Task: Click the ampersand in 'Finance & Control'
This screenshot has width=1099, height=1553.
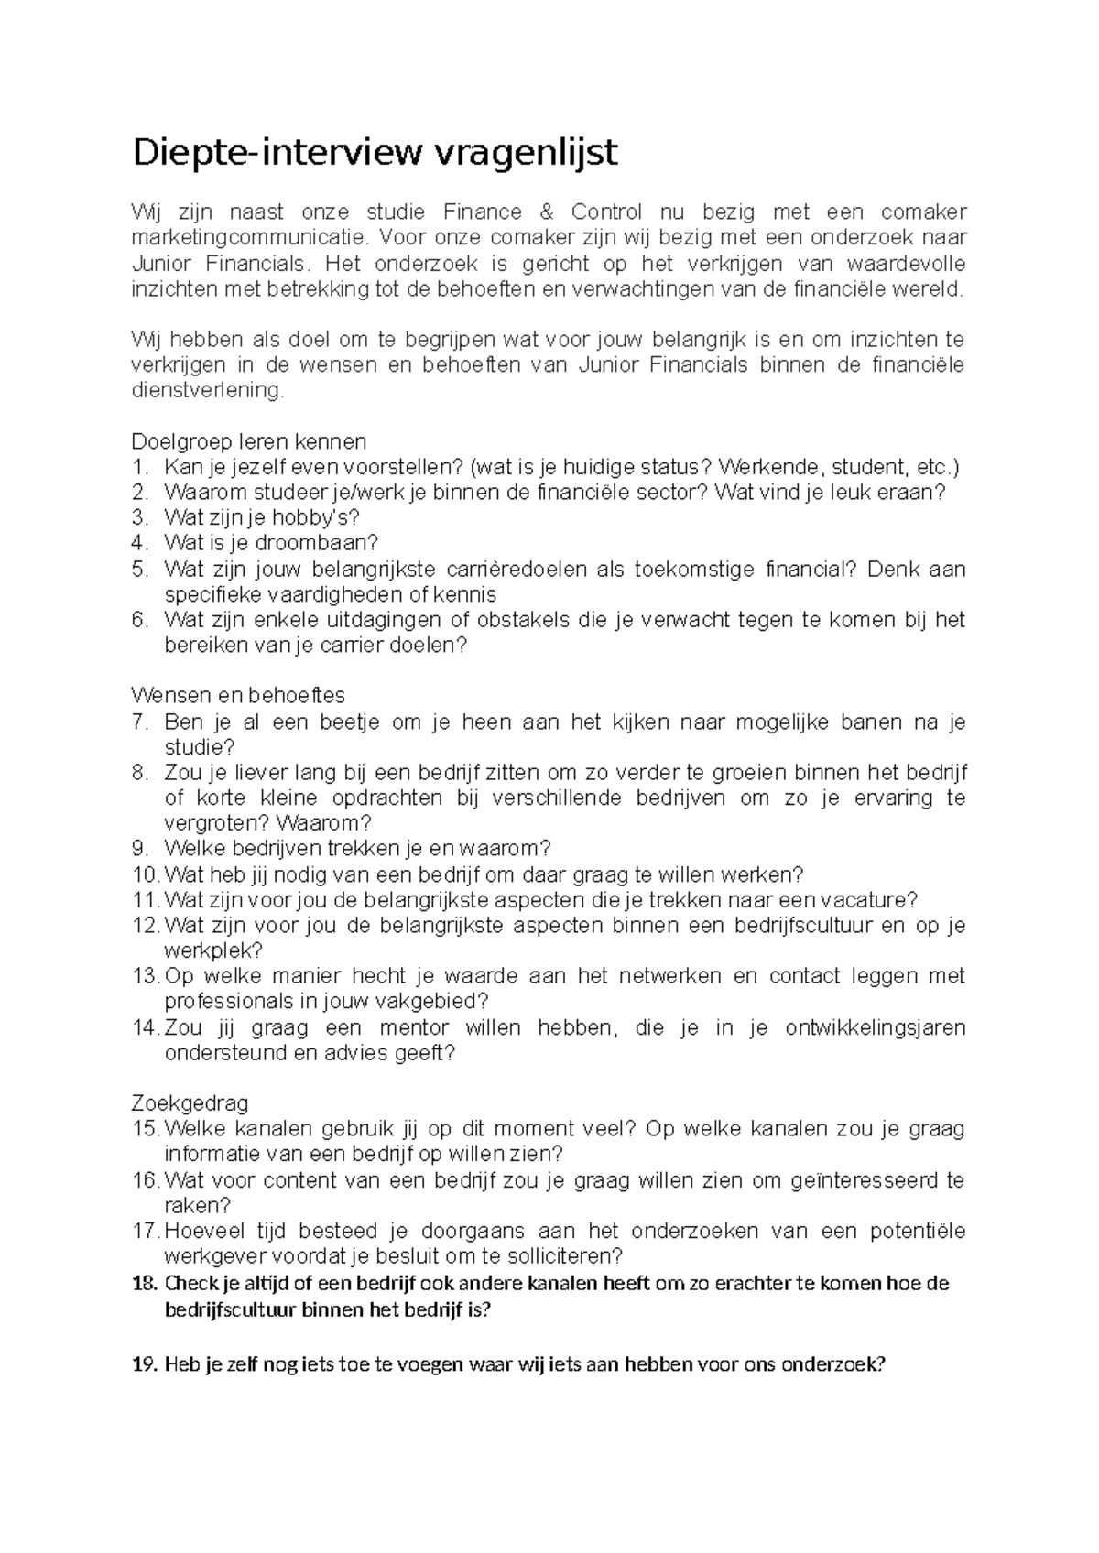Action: click(x=548, y=213)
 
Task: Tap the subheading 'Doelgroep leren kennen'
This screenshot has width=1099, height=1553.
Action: click(x=249, y=441)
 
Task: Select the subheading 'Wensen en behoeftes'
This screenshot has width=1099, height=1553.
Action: click(x=238, y=696)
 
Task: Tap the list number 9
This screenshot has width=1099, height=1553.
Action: click(x=140, y=849)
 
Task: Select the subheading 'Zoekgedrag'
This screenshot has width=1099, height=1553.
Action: click(x=190, y=1103)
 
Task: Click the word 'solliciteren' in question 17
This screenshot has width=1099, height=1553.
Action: click(x=564, y=1256)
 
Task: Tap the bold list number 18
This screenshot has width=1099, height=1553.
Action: click(x=145, y=1283)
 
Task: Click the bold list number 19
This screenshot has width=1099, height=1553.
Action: click(x=145, y=1365)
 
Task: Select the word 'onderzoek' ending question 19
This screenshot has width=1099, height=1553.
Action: click(x=835, y=1365)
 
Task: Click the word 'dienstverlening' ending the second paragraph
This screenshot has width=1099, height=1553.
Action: click(x=208, y=391)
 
